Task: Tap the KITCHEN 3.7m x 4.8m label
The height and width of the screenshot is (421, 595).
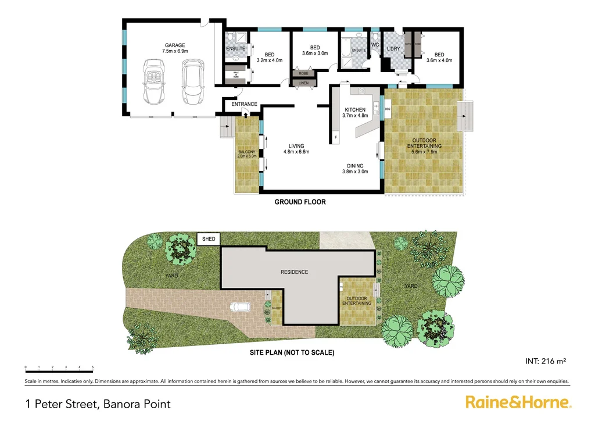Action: (355, 113)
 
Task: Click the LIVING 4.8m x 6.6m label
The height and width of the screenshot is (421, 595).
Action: (296, 149)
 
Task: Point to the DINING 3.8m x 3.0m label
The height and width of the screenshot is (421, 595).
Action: (356, 169)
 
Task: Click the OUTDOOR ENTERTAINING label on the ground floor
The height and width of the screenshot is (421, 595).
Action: (426, 143)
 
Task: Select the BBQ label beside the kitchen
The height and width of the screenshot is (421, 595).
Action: (386, 109)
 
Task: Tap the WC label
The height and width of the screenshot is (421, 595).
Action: (375, 45)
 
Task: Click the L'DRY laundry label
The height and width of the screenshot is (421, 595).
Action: (393, 49)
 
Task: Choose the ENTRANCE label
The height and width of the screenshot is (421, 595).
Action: (244, 104)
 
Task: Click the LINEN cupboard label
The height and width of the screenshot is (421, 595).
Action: (303, 83)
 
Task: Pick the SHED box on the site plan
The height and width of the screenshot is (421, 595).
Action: (208, 239)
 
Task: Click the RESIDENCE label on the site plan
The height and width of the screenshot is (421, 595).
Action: (295, 272)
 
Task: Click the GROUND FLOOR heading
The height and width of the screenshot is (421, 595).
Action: (300, 202)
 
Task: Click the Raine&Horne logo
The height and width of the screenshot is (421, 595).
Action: (518, 402)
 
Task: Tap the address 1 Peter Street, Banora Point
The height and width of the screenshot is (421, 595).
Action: (98, 403)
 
